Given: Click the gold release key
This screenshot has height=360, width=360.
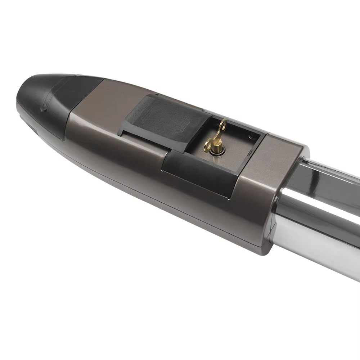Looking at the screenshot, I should (x=218, y=139).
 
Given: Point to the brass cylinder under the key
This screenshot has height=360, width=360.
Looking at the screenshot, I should (x=219, y=148).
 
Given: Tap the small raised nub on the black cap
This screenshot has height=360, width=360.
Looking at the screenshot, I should (x=44, y=107).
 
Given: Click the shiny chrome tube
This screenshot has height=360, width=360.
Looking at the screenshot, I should (x=324, y=223).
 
